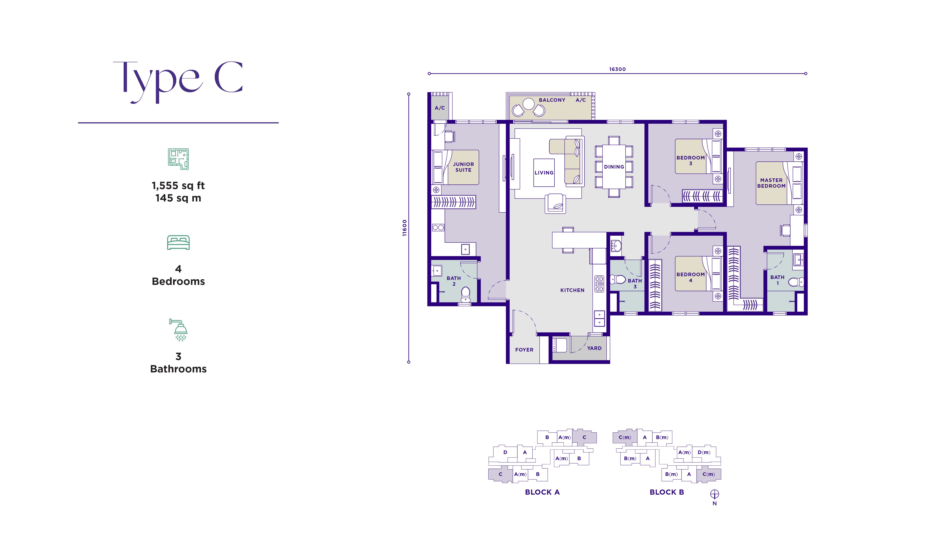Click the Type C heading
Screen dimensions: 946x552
178,81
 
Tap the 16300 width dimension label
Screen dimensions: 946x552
617,69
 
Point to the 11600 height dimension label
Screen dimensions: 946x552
404,228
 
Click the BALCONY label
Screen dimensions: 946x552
552,100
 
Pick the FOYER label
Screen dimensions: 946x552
524,350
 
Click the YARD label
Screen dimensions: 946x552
594,348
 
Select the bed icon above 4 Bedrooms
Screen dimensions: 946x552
178,242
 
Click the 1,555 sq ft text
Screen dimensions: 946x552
178,186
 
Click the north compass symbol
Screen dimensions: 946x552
714,494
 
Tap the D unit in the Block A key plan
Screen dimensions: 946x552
505,452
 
